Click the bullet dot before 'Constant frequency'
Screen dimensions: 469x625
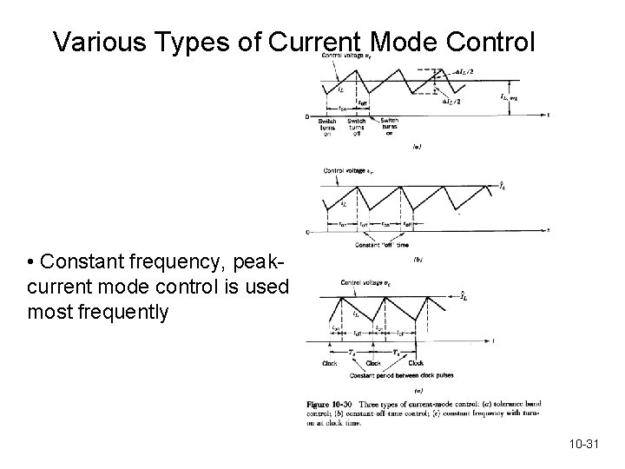(x=30, y=262)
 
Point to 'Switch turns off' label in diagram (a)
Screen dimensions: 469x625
(x=356, y=126)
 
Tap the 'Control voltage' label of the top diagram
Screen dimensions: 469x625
(x=343, y=56)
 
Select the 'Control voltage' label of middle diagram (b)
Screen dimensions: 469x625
(x=345, y=171)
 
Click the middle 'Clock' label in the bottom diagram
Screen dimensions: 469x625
(x=373, y=363)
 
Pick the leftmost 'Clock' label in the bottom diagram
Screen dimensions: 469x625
(x=330, y=363)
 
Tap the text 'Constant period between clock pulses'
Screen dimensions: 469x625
(x=401, y=375)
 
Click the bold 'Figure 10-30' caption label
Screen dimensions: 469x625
(x=331, y=405)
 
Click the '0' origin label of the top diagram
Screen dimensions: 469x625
(x=309, y=116)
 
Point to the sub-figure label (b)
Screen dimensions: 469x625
(x=418, y=259)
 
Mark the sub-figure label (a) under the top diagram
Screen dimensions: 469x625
(x=418, y=147)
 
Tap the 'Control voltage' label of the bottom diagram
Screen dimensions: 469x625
(x=363, y=282)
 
